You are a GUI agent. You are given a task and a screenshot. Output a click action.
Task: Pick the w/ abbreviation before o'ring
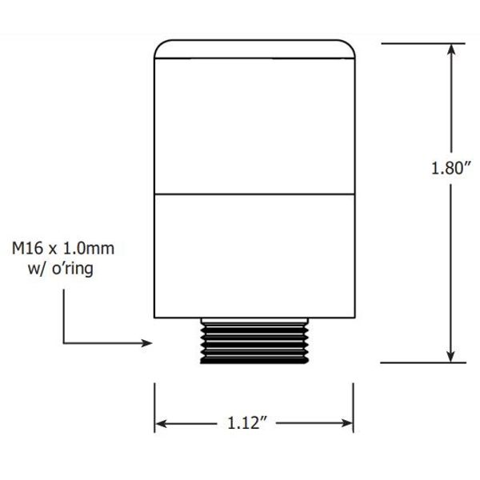pyautogui.click(x=38, y=269)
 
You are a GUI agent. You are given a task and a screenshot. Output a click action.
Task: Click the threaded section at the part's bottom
pyautogui.click(x=254, y=340)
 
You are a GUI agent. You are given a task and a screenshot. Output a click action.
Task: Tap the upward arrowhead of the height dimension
pyautogui.click(x=452, y=50)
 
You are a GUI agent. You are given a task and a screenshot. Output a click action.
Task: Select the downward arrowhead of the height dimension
pyautogui.click(x=452, y=356)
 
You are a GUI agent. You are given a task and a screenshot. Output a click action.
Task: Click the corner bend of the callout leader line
pyautogui.click(x=63, y=343)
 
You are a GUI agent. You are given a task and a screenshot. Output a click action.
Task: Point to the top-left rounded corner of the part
pyautogui.click(x=159, y=46)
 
